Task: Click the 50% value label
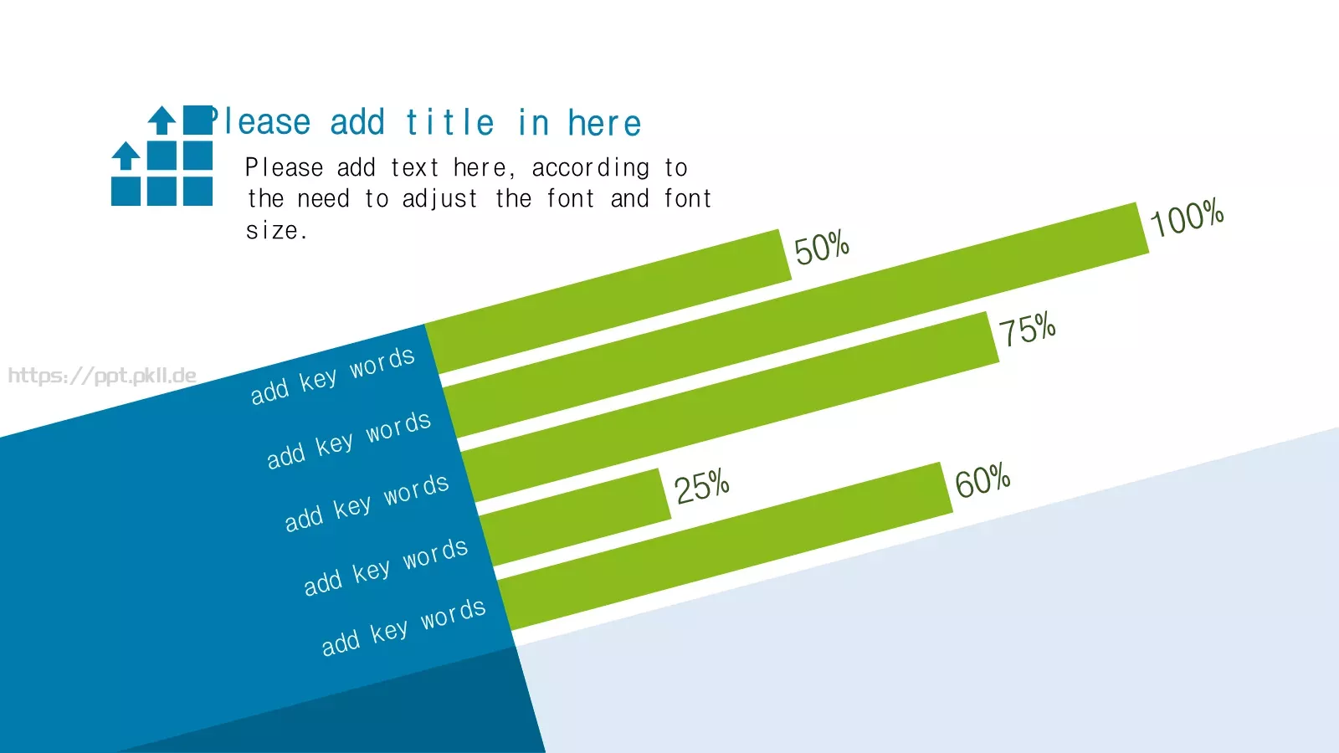coord(822,248)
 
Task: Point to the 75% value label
coord(1028,329)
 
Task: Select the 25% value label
coord(702,485)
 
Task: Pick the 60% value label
coord(982,480)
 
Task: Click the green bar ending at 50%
coord(608,301)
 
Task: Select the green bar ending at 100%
coord(796,320)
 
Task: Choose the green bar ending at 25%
coord(575,517)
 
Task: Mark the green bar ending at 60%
coord(725,546)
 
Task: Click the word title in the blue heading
coord(450,122)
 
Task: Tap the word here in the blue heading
coord(604,123)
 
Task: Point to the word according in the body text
coord(591,168)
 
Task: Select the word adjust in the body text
coord(440,199)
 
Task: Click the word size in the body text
coord(271,231)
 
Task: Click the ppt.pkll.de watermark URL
coord(102,376)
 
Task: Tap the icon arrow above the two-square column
coord(162,120)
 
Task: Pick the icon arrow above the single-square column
coord(126,156)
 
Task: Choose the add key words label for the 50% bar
coord(332,376)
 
